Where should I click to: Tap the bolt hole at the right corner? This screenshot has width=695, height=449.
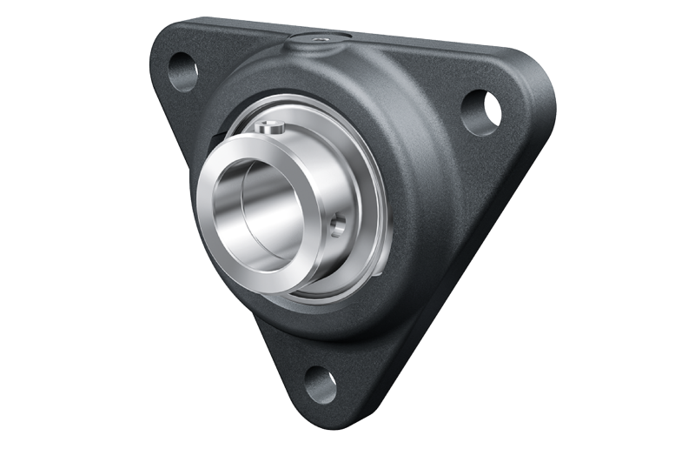(x=480, y=111)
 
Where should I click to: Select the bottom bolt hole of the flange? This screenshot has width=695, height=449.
(x=321, y=384)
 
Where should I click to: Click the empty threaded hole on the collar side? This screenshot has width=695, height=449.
(x=338, y=226)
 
